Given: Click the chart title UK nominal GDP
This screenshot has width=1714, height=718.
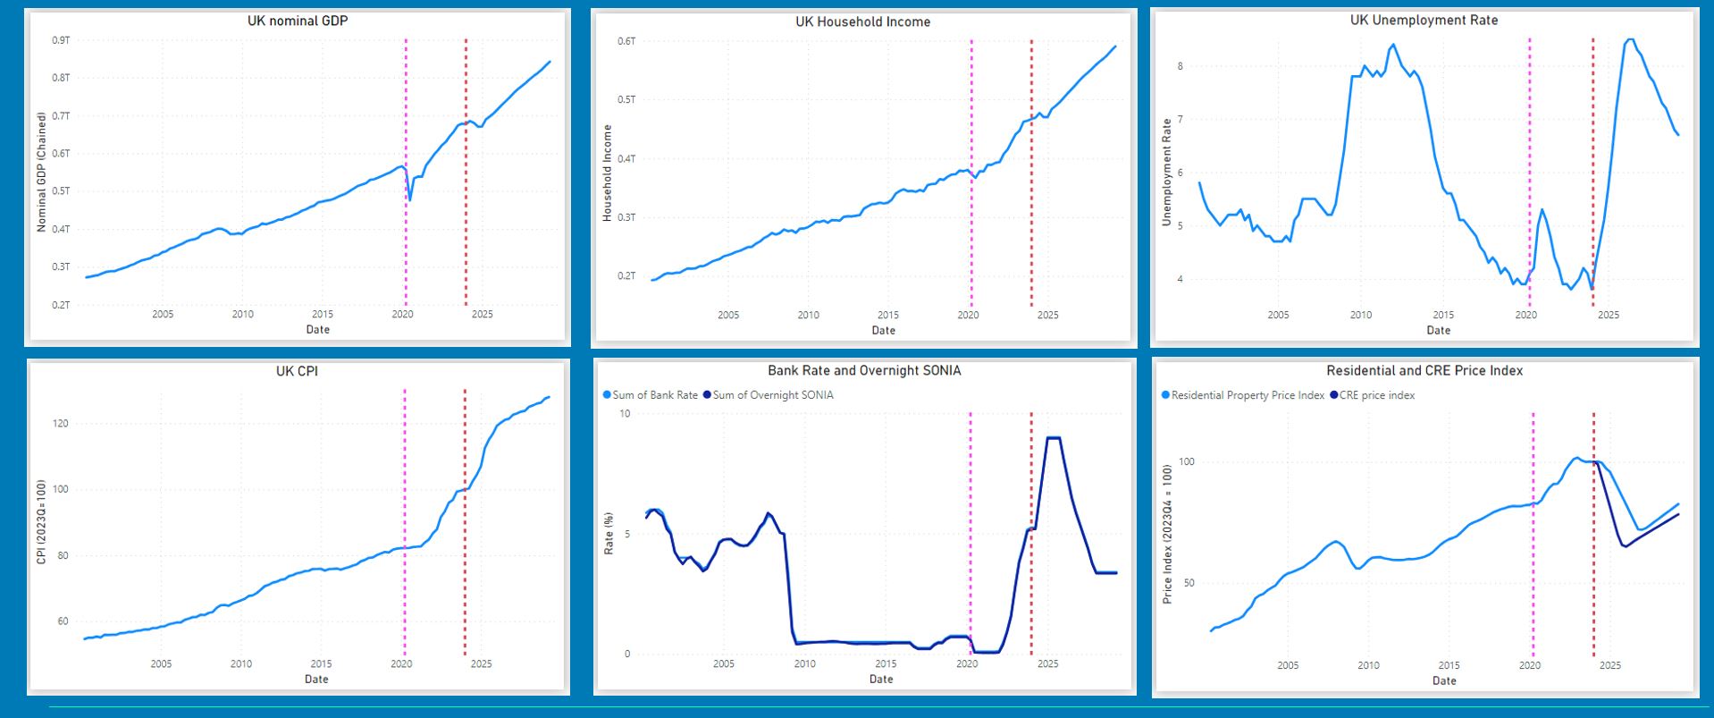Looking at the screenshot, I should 298,21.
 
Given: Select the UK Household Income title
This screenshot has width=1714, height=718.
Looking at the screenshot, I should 862,21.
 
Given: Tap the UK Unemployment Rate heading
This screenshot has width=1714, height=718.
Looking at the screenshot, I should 1424,20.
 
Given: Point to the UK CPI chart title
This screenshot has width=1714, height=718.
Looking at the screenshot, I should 297,371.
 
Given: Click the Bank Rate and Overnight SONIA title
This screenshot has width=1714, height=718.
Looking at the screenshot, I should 864,370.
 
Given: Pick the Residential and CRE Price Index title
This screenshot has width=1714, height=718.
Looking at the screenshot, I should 1424,370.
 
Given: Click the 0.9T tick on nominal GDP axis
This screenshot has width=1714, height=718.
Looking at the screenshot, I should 61,40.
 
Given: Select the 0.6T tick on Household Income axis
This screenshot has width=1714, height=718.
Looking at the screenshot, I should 626,41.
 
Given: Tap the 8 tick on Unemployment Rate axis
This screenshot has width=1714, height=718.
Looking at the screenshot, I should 1180,66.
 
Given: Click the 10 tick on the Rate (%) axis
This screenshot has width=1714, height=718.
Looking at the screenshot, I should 625,414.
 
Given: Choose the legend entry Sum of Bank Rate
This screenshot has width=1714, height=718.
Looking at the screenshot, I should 651,395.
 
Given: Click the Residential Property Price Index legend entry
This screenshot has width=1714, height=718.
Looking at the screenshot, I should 1243,395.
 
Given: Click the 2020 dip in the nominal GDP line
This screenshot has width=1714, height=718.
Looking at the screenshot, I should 409,199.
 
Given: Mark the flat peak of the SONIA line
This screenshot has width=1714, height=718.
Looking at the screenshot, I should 1053,438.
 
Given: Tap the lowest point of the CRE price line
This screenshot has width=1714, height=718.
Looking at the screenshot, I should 1625,546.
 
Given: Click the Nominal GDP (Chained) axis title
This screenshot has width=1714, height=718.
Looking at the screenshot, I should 41,173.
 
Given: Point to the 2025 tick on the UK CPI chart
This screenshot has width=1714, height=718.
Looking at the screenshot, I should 481,663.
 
